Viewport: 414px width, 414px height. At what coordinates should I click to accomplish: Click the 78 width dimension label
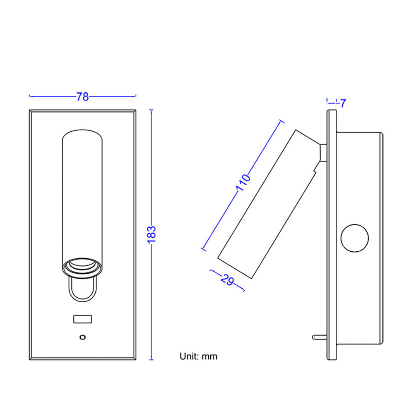pos(83,96)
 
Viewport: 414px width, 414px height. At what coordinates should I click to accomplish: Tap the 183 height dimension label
pos(152,234)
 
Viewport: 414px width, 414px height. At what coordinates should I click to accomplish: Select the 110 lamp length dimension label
pos(243,183)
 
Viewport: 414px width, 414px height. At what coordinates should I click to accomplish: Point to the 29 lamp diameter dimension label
pos(227,280)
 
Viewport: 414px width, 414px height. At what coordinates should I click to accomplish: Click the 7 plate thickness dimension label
pos(343,103)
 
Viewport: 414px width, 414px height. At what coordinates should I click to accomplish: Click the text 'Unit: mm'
pos(198,356)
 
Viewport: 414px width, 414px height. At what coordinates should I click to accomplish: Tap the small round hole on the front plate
pos(83,337)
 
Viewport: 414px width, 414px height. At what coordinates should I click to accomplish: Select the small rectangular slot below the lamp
pos(83,319)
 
